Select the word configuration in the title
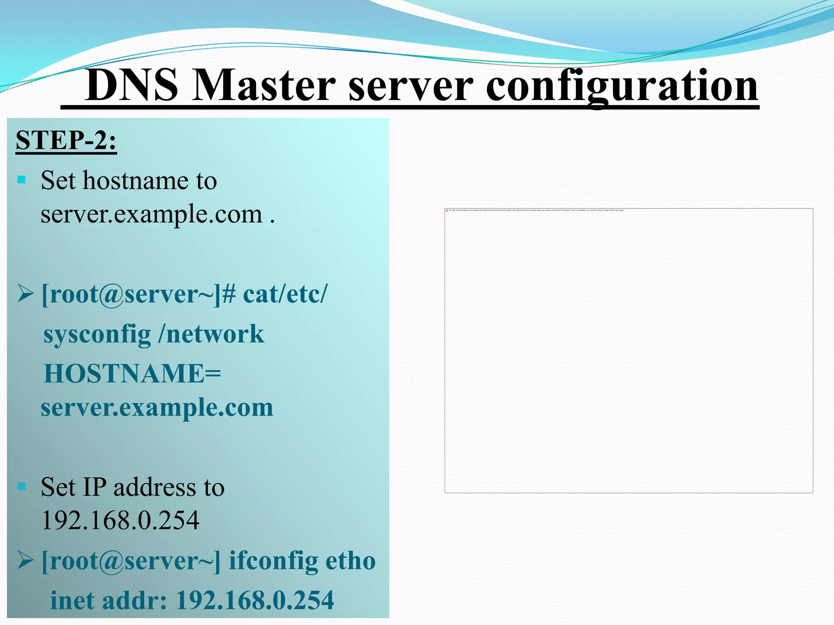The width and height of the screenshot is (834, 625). (622, 85)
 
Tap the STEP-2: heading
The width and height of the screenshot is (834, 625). (66, 140)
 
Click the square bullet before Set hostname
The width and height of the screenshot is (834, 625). (22, 179)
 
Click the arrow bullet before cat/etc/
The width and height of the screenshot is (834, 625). (25, 294)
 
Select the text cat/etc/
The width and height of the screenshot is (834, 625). (285, 294)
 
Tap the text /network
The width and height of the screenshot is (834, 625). (211, 334)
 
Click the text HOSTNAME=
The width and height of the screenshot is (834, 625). (132, 374)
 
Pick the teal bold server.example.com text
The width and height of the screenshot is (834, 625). (157, 407)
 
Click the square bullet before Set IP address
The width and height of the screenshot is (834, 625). (22, 486)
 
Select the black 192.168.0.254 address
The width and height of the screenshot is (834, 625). (121, 520)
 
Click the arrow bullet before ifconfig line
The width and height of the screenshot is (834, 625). (25, 561)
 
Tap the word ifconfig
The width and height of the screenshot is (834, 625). (273, 561)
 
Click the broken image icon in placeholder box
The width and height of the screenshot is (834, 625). (447, 210)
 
